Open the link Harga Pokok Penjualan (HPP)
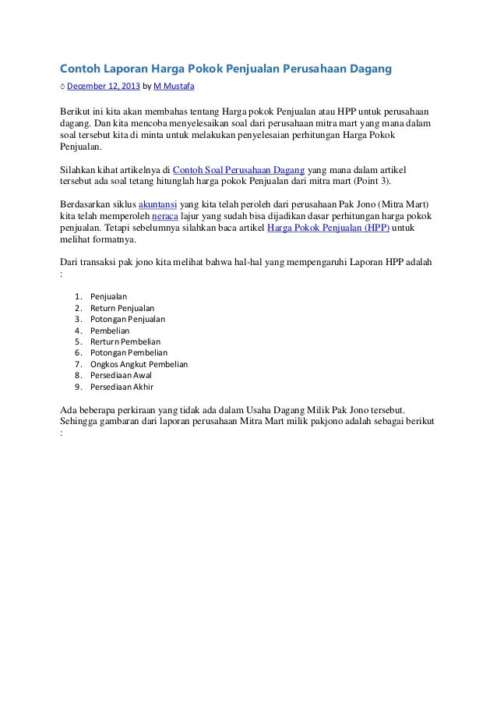329,228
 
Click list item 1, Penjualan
109,296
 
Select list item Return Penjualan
122,308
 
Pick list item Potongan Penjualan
128,319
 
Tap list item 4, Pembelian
110,331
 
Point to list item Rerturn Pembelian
125,341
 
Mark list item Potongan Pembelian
129,352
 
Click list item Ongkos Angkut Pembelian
139,364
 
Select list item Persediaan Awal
121,375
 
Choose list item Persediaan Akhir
122,387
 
